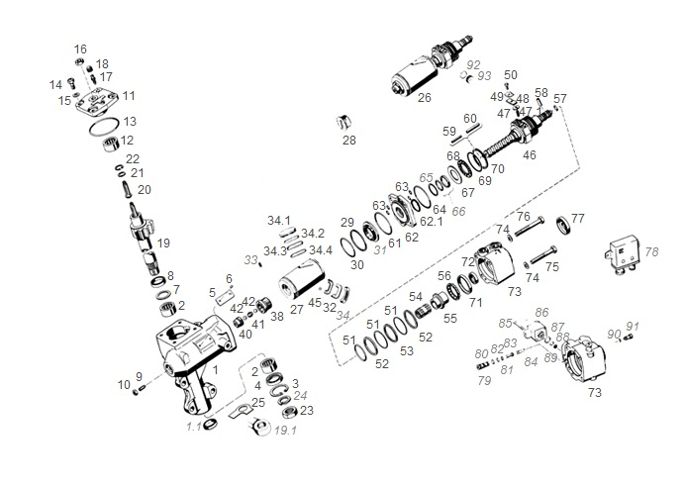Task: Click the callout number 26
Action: tap(424, 98)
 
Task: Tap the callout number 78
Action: tap(651, 252)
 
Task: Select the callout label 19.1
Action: tap(285, 432)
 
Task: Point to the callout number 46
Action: tap(530, 155)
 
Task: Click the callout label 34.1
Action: tap(279, 220)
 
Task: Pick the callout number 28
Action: tap(348, 141)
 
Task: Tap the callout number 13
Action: tap(130, 121)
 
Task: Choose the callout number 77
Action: tap(578, 218)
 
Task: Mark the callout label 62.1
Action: tap(432, 222)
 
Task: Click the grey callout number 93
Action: tap(484, 76)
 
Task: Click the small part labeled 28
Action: tap(346, 122)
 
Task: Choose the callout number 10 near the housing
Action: tap(124, 384)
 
